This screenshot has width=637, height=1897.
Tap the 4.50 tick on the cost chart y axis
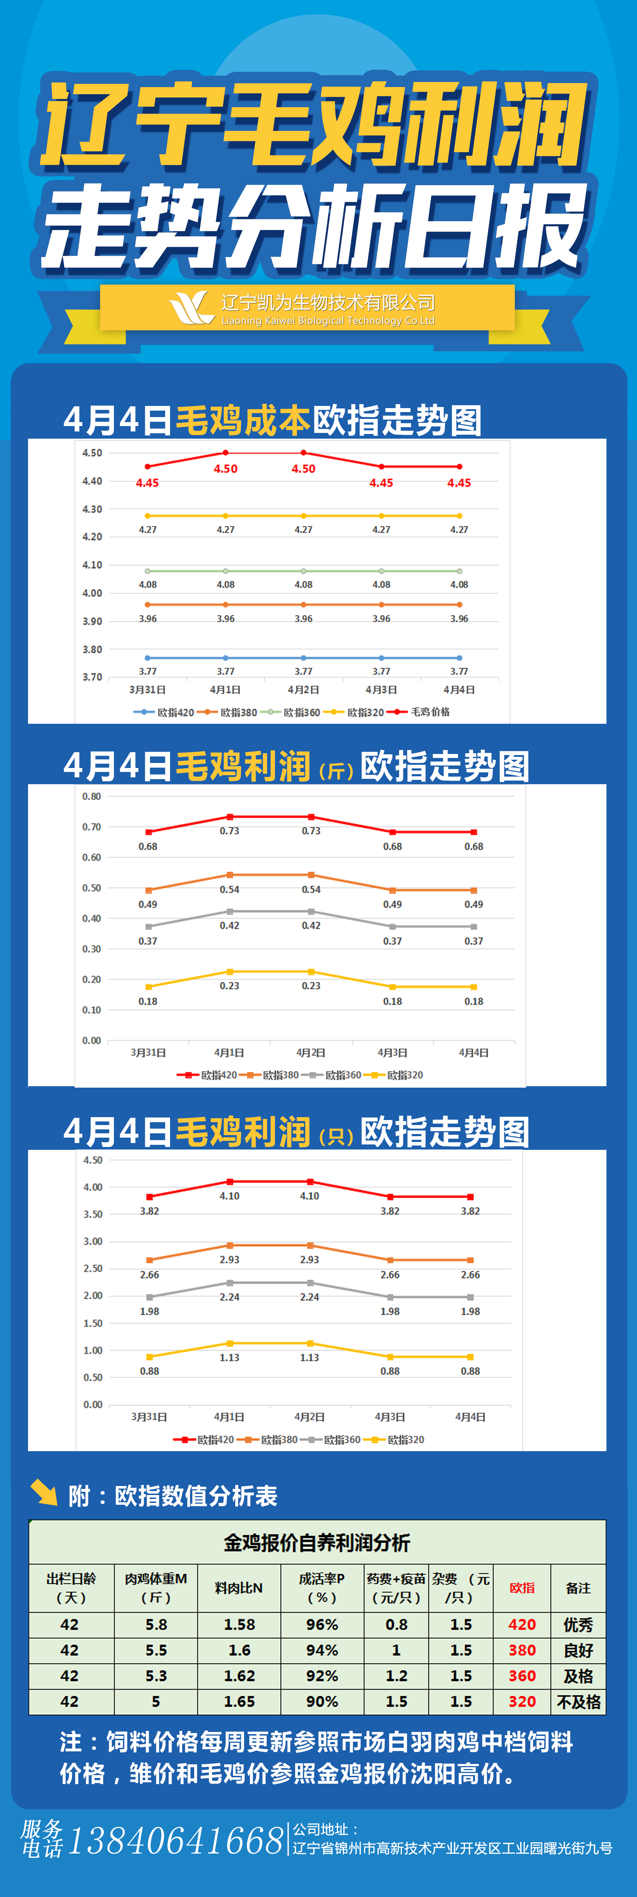pos(92,453)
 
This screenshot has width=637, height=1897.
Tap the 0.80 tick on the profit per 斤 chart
pos(91,796)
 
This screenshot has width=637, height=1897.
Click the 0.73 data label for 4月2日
pos(311,831)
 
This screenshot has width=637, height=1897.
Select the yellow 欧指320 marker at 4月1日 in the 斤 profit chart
pos(230,972)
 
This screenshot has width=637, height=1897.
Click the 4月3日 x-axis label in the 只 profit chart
pos(390,1417)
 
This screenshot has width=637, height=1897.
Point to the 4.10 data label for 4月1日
pos(229,1196)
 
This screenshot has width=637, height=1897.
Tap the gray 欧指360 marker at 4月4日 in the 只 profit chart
pos(470,1297)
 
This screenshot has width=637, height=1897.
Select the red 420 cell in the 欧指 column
pos(522,1624)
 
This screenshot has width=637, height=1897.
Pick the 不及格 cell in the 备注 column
pos(578,1702)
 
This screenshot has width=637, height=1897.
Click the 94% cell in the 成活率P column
pos(322,1650)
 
